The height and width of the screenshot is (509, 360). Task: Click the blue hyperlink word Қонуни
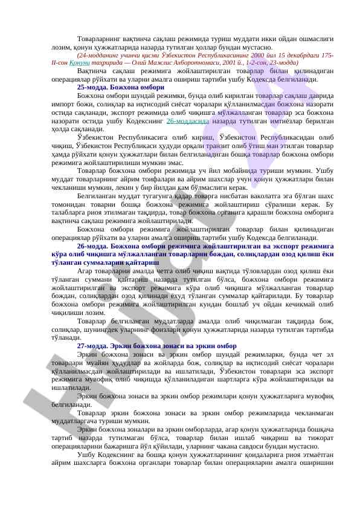81,63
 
